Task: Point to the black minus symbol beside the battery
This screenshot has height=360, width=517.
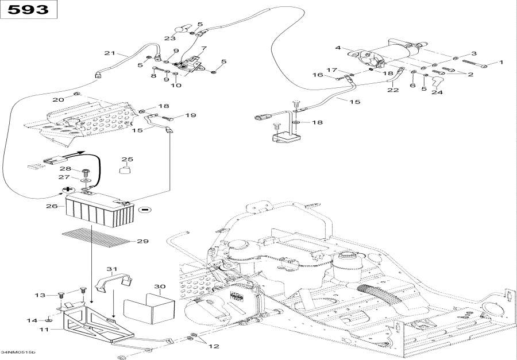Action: click(144, 210)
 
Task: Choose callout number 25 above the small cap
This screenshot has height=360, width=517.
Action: click(127, 159)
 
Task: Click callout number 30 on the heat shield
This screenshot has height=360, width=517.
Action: click(160, 287)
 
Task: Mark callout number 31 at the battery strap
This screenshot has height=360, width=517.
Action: click(111, 269)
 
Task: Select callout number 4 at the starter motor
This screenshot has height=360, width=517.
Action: click(338, 48)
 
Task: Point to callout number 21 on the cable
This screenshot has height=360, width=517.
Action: click(110, 53)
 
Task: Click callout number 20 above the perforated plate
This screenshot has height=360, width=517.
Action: click(58, 100)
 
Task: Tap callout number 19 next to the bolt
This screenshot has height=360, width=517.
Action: click(190, 115)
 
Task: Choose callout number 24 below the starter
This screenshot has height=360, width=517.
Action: click(437, 92)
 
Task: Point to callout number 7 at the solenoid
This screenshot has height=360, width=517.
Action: click(203, 48)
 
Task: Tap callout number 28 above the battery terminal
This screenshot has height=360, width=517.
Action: click(65, 169)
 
